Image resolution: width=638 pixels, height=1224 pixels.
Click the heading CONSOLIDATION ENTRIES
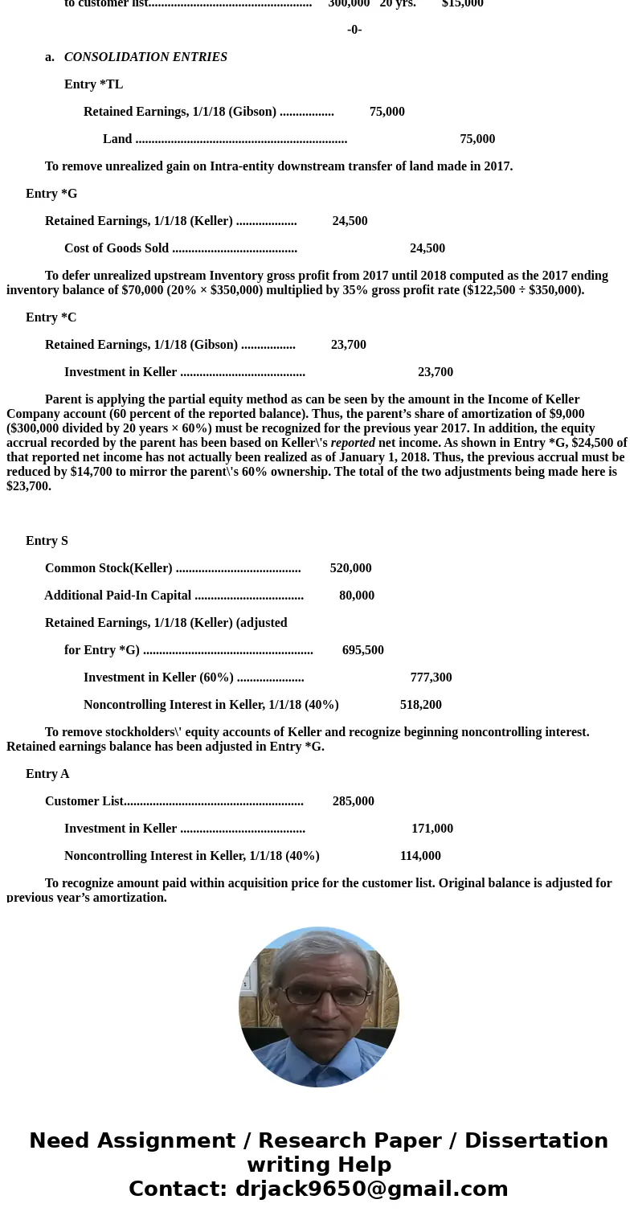(x=145, y=57)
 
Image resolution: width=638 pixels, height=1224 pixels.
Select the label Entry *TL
(x=93, y=84)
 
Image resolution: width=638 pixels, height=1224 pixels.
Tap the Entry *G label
(x=51, y=194)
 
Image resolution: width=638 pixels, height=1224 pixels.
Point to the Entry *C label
(x=51, y=317)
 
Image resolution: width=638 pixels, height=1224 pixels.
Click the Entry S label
(x=47, y=541)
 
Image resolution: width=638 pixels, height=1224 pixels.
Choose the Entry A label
(x=47, y=774)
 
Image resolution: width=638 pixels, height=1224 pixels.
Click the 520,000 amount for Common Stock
(x=350, y=568)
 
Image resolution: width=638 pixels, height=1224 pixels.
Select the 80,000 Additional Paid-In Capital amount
(x=357, y=596)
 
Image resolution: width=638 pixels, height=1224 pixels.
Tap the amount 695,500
(x=362, y=650)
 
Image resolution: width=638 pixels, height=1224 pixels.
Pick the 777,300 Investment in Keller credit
(x=431, y=677)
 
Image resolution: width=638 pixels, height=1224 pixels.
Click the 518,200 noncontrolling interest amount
(x=420, y=705)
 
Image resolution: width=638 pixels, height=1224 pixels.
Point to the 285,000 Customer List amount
(x=353, y=801)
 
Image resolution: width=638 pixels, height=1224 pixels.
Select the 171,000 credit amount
(x=432, y=829)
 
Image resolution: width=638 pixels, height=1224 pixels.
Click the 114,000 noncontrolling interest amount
(x=420, y=856)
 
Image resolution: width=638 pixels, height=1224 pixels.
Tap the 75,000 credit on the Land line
(x=477, y=139)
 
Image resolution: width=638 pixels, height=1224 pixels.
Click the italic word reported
(x=353, y=443)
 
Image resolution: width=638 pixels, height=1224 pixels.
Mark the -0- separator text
(x=354, y=30)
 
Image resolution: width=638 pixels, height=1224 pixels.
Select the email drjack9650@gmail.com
(x=371, y=1189)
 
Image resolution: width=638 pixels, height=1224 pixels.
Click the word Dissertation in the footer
(x=536, y=1141)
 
